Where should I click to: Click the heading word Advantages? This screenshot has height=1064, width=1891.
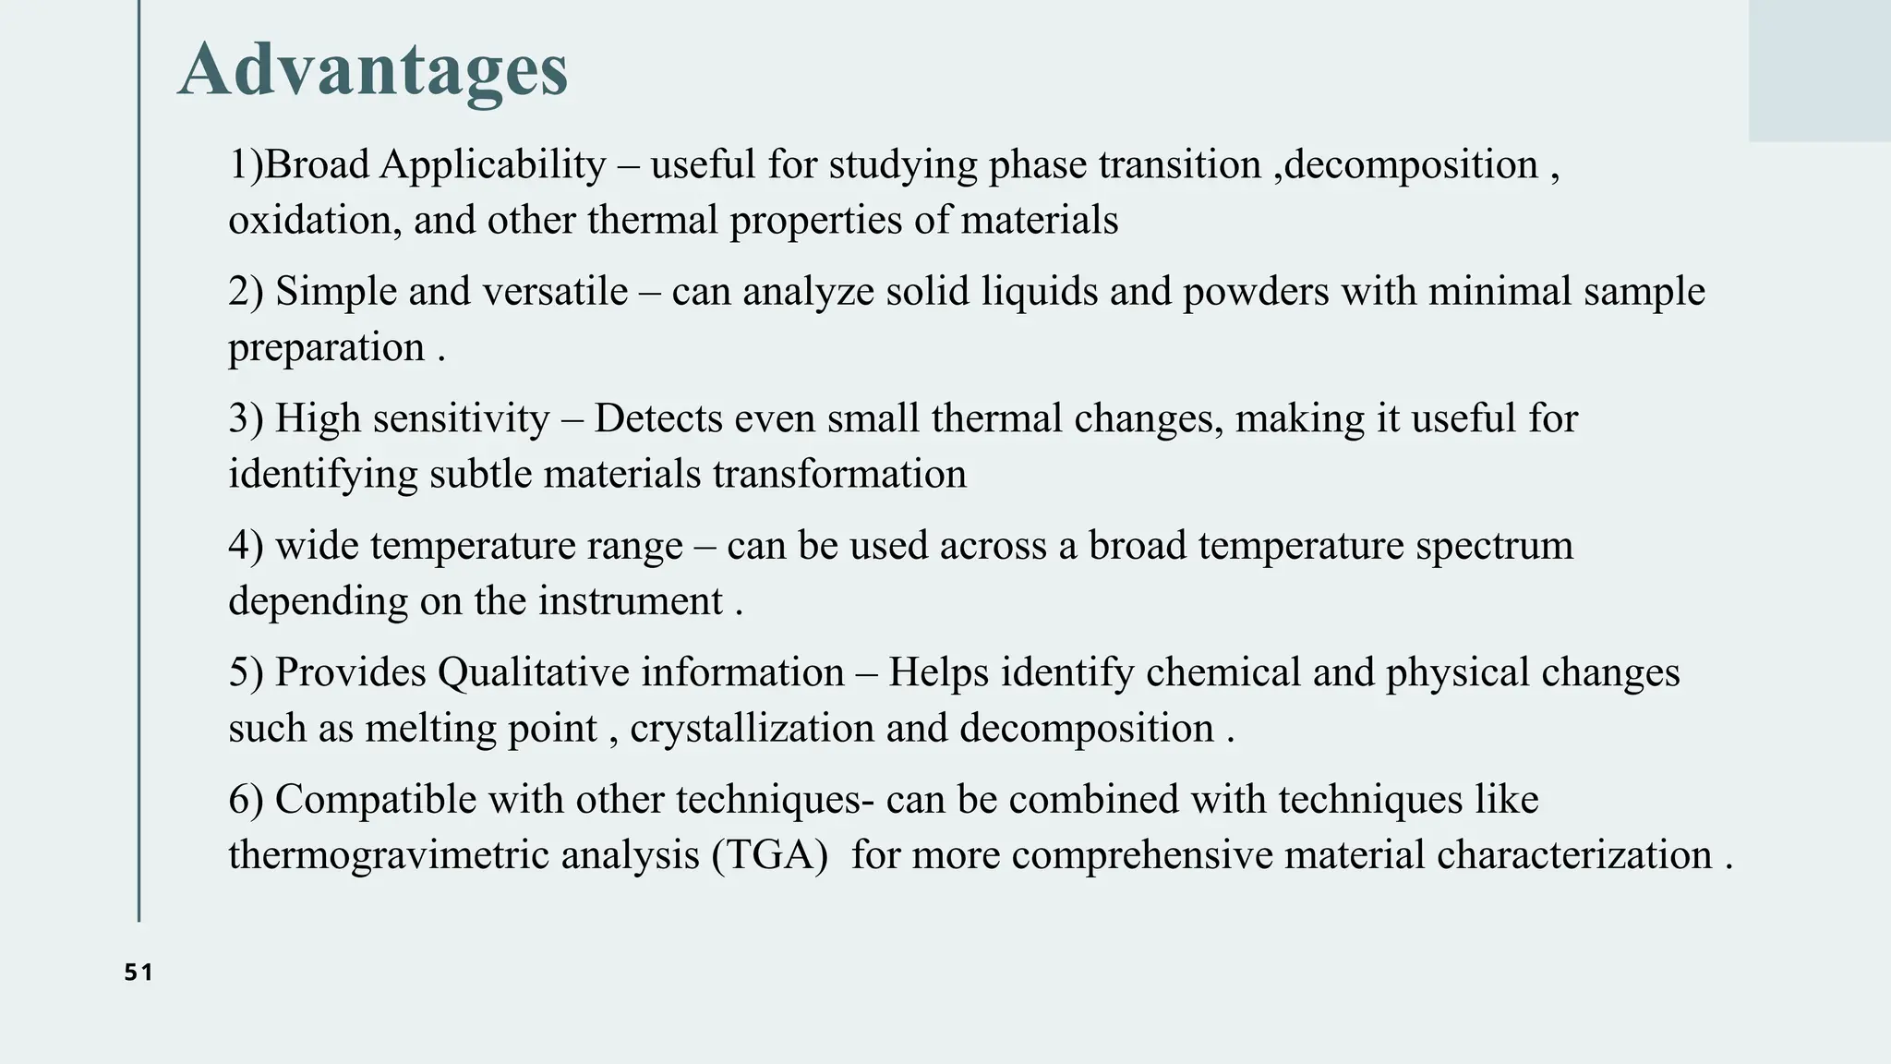(372, 70)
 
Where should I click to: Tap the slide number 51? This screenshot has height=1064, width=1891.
(139, 973)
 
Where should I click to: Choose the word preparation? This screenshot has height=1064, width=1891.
(327, 348)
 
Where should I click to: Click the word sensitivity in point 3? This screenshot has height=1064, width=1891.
(462, 418)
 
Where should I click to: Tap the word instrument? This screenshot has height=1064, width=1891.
(631, 601)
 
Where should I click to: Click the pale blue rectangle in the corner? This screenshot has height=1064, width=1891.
(1819, 70)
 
